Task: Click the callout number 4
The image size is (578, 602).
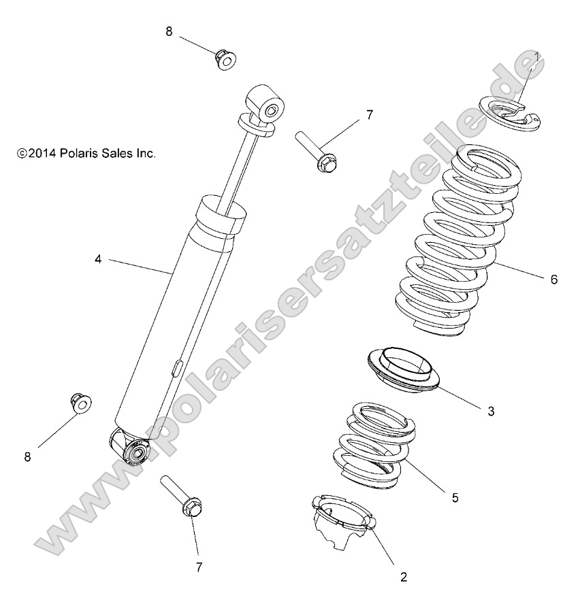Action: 98,259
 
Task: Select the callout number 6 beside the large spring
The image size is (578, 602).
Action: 553,280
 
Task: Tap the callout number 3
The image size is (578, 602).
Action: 490,412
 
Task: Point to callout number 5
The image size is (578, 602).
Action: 455,498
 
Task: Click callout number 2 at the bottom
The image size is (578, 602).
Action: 404,578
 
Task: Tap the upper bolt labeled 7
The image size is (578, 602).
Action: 319,150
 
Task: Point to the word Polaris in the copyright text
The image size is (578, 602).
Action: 83,154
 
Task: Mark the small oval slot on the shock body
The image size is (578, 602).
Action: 175,368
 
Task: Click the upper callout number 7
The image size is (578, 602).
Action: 370,115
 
